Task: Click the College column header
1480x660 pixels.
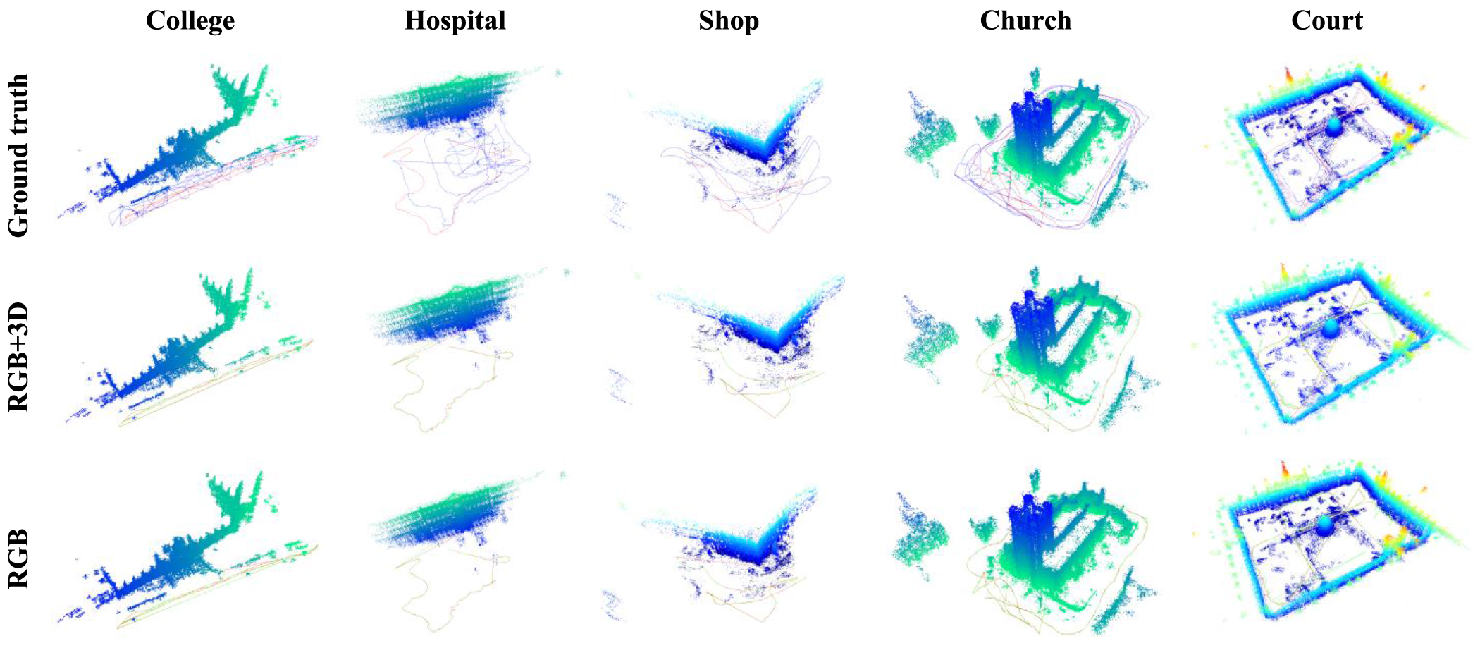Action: pos(190,20)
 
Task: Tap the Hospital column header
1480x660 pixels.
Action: pos(455,20)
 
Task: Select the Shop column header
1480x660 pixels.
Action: pos(729,20)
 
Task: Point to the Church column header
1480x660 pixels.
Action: pos(1025,20)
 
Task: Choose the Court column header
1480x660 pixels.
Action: pos(1327,20)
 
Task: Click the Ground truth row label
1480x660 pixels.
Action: pos(18,155)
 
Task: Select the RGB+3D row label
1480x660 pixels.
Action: pos(18,357)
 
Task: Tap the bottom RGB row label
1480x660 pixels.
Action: pos(18,558)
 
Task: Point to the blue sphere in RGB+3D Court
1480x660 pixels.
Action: pos(1329,328)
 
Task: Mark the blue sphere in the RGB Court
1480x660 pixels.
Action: pos(1325,525)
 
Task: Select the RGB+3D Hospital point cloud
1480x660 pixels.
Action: pos(444,310)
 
